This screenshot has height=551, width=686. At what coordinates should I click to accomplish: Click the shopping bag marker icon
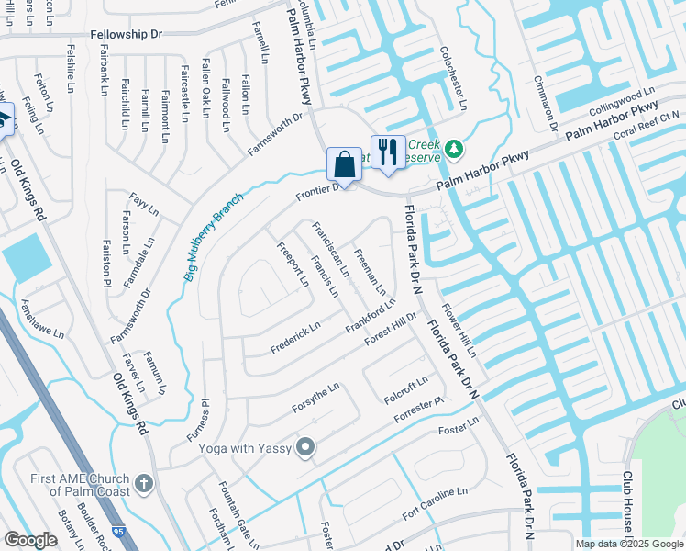[344, 164]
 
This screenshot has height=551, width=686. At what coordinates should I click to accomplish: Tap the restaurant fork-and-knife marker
[388, 152]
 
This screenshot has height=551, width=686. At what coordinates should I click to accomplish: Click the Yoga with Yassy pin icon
[305, 447]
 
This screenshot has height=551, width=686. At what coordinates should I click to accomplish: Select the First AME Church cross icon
[143, 483]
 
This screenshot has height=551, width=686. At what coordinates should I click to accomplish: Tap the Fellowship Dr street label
[126, 34]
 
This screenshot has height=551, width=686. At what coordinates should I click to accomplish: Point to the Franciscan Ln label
[329, 249]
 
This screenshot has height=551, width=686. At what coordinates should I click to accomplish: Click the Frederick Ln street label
[295, 338]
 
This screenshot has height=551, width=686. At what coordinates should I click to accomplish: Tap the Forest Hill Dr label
[391, 328]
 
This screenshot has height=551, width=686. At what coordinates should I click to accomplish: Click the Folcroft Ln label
[406, 388]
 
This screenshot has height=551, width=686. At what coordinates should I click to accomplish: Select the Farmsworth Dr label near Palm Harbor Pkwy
[275, 134]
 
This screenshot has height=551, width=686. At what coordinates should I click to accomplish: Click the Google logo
[30, 540]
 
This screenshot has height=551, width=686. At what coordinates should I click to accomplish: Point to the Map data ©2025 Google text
[628, 544]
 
